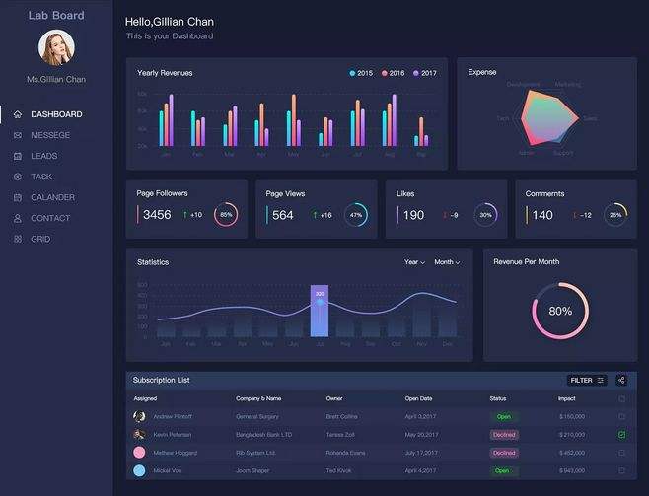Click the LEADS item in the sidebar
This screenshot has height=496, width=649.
point(43,156)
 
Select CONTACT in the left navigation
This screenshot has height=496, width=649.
point(49,218)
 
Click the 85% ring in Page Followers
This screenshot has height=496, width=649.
point(226,214)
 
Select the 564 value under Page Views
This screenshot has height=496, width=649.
point(283,215)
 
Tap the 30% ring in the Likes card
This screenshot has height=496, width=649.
point(485,214)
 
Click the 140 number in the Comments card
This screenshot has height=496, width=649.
point(542,215)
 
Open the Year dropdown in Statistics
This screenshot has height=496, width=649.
point(414,262)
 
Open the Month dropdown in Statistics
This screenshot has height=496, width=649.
point(446,262)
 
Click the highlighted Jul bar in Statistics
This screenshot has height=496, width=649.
point(320,312)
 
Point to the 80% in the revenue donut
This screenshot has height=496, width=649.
point(560,311)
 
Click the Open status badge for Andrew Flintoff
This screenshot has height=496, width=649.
point(503,416)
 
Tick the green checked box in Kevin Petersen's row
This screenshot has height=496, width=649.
point(621,434)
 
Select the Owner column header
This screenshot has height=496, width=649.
point(334,398)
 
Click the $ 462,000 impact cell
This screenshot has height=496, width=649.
point(572,453)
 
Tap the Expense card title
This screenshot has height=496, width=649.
point(482,72)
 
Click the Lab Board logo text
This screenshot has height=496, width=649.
point(56,15)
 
